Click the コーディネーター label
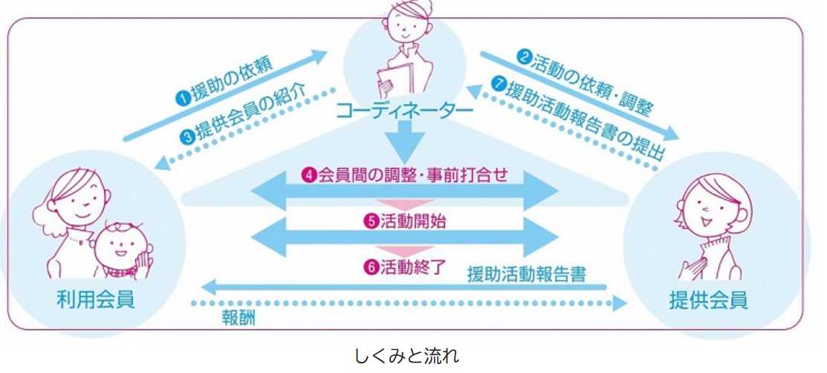(x=404, y=111)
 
